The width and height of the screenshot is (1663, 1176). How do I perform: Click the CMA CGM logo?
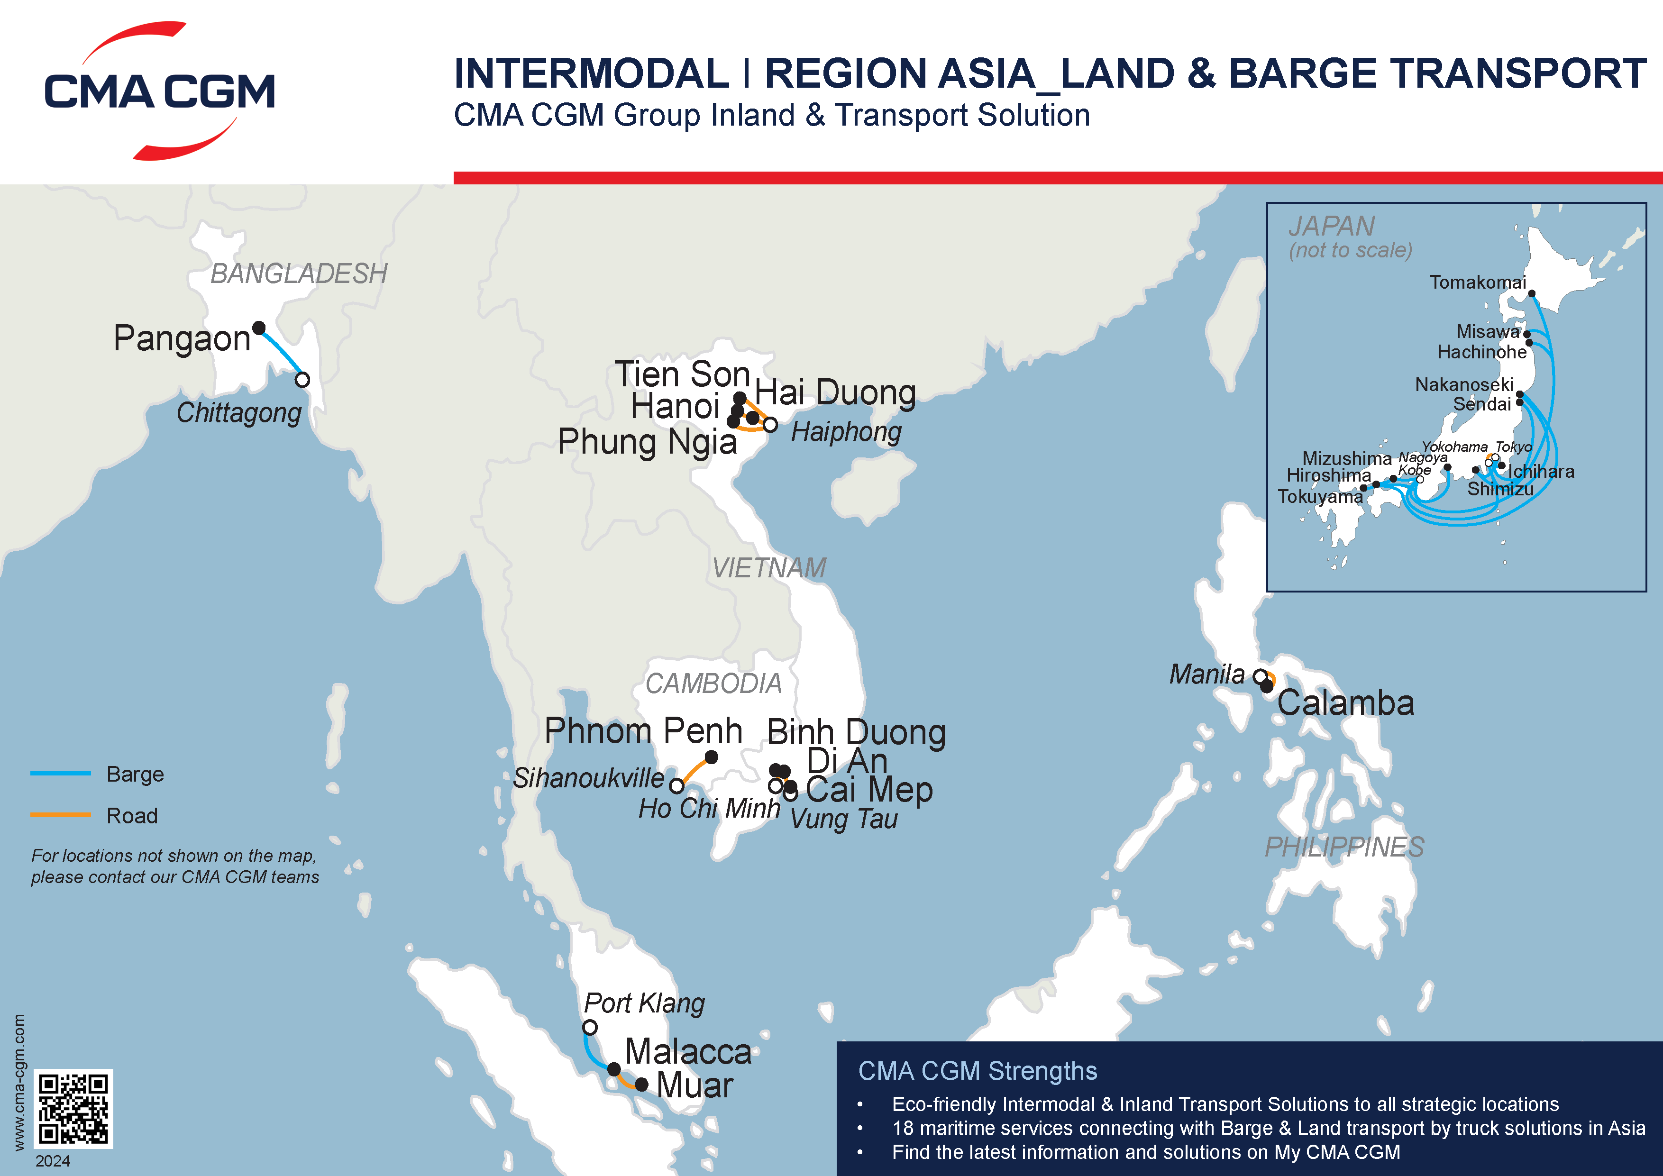tap(159, 91)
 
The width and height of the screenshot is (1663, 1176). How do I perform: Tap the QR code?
tap(73, 1108)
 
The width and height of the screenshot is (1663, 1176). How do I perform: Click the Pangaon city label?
tap(182, 338)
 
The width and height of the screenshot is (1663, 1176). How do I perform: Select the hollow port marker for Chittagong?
tap(303, 380)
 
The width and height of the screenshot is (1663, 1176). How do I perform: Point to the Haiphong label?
tap(846, 432)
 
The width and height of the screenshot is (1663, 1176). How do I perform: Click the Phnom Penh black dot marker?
tap(711, 757)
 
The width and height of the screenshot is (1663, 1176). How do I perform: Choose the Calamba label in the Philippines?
tap(1345, 703)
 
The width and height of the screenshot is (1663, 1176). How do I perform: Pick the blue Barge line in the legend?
tap(61, 774)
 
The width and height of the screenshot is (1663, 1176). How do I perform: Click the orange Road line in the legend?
tap(61, 815)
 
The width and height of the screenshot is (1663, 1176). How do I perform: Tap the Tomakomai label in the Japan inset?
tap(1477, 283)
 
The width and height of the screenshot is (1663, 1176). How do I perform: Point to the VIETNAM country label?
tap(768, 568)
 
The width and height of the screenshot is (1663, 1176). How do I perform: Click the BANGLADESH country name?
tap(298, 273)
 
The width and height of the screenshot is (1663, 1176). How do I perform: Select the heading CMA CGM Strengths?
tap(977, 1071)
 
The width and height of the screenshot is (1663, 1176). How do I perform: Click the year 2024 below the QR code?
tap(53, 1161)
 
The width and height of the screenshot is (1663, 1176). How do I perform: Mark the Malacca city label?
tap(688, 1051)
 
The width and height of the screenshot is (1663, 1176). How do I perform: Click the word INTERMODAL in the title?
tap(591, 74)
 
